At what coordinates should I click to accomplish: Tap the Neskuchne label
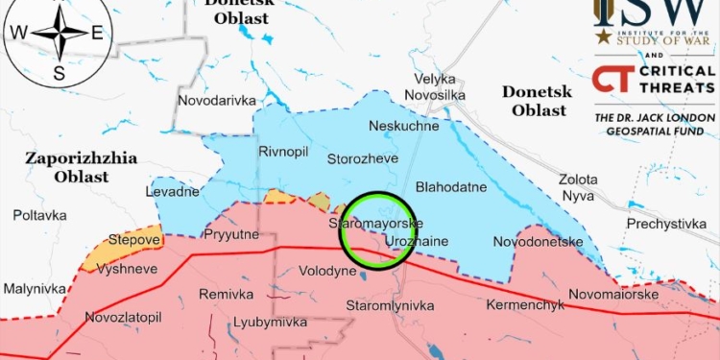[403, 126]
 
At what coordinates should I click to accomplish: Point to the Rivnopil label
[281, 152]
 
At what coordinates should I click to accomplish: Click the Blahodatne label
[450, 187]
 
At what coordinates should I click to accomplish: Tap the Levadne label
[173, 191]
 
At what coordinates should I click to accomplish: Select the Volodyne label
[327, 272]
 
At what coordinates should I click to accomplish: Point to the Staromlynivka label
[390, 306]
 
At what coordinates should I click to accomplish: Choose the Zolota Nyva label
[578, 187]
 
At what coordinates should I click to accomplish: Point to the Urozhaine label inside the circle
[416, 243]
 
